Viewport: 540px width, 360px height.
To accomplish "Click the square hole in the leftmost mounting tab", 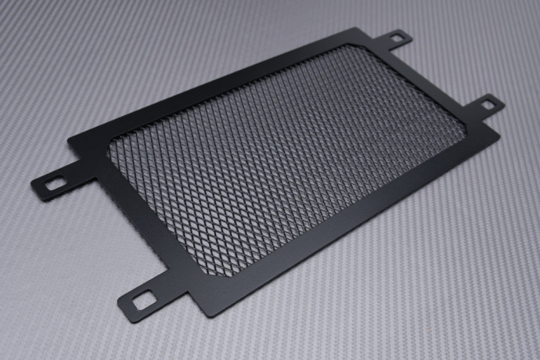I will [56, 184].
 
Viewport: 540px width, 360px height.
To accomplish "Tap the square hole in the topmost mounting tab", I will [397, 37].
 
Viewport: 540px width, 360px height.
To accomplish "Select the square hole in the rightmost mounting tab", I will [488, 103].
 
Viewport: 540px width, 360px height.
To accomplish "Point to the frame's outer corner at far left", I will [69, 142].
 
